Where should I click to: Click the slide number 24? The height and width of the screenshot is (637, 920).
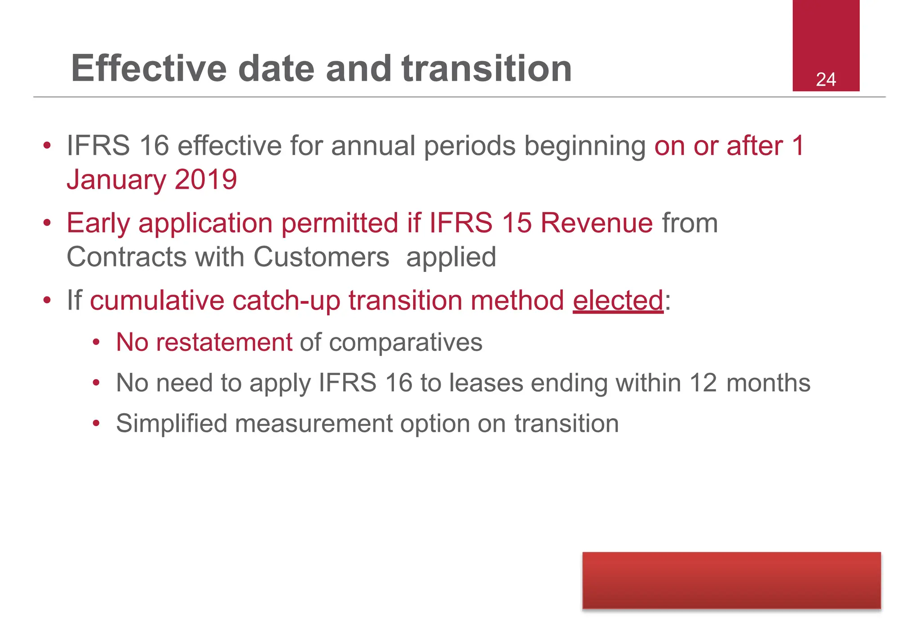click(826, 80)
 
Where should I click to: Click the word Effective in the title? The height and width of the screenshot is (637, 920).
click(149, 68)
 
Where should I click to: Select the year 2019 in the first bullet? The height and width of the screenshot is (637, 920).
click(206, 179)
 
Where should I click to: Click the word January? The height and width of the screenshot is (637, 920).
click(116, 180)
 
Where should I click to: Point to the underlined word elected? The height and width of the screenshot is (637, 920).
click(618, 300)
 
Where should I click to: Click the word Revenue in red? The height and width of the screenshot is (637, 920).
click(596, 223)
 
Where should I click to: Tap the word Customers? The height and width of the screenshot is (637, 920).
click(321, 257)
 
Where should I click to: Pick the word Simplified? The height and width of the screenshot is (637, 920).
click(172, 424)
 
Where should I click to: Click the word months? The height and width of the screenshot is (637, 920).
click(768, 383)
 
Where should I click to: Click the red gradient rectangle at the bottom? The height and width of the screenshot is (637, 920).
click(731, 580)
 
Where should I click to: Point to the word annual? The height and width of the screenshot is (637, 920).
click(373, 146)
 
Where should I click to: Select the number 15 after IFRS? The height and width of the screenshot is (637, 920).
click(517, 223)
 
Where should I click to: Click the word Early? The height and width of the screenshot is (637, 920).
click(98, 223)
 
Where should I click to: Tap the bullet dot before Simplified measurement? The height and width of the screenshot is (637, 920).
click(96, 424)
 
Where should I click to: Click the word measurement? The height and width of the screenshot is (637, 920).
click(314, 424)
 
